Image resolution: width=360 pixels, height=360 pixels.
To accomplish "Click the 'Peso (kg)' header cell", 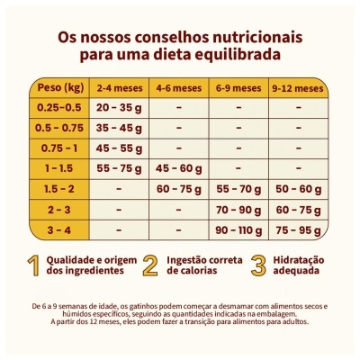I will [59, 87].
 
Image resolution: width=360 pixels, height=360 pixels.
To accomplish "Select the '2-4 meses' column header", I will [119, 88].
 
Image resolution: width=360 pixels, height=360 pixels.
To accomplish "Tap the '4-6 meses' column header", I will [178, 88].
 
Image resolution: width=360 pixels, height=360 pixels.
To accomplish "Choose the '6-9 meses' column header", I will [238, 88].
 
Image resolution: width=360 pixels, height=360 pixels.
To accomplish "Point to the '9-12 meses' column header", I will [297, 88].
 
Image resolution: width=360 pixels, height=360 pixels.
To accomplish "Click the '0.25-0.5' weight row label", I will [59, 108].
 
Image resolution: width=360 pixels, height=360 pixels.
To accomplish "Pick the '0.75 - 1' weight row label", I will [59, 148].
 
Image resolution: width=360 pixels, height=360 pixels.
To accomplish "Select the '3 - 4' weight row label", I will [59, 229].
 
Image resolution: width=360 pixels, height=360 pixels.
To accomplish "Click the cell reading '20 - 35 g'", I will [119, 108].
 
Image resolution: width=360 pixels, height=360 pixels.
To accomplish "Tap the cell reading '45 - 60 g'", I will [178, 168].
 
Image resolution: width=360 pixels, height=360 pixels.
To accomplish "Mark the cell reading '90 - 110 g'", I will [238, 229].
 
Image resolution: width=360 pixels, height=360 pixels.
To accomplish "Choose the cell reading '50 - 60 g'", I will [297, 188].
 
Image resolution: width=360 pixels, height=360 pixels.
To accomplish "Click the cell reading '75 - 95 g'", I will [297, 229].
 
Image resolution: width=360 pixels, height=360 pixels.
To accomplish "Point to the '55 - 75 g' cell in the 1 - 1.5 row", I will [119, 168].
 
